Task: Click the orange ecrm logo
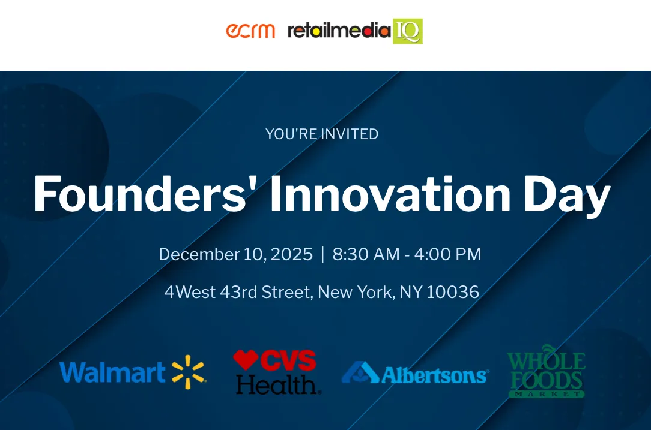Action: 250,31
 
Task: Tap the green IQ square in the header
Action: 408,31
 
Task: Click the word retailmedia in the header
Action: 339,31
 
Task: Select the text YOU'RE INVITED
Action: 322,134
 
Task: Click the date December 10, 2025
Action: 235,254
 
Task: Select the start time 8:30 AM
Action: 366,254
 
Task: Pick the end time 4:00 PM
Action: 447,254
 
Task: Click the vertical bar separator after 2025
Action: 322,254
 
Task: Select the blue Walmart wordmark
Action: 112,372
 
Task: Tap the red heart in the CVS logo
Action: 246,360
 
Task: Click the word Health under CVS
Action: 277,384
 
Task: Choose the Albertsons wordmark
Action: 434,375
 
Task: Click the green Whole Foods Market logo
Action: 546,371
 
